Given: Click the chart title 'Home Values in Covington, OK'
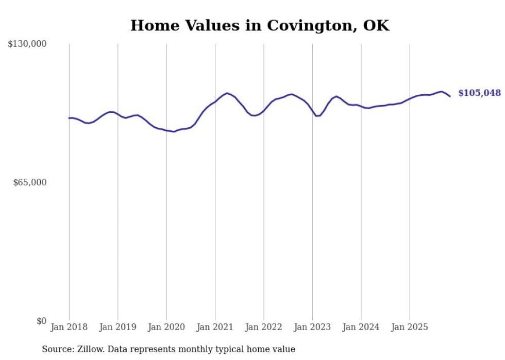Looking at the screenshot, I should click(x=260, y=25).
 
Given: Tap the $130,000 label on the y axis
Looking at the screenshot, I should click(x=27, y=44).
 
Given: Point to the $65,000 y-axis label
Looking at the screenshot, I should click(x=29, y=182).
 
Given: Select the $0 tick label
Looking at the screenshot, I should click(x=41, y=321).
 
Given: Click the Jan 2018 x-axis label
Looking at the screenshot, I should click(x=69, y=327).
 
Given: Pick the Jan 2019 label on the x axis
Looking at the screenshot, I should click(x=117, y=327).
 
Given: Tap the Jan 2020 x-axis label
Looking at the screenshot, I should click(x=166, y=327).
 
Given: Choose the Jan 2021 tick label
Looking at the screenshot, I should click(x=215, y=327).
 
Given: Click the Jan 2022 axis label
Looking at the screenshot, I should click(x=263, y=327).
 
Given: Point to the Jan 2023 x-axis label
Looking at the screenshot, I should click(x=312, y=327).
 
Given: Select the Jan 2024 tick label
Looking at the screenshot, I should click(x=361, y=327).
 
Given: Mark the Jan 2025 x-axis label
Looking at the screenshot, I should click(x=409, y=327).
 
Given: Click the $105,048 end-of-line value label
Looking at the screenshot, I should click(x=479, y=93).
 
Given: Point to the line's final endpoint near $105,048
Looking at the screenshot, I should click(x=450, y=96).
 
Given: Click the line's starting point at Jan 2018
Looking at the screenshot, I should click(x=69, y=118).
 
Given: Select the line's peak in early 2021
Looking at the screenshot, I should click(x=226, y=93).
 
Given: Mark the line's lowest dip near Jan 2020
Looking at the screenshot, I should click(x=174, y=132).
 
